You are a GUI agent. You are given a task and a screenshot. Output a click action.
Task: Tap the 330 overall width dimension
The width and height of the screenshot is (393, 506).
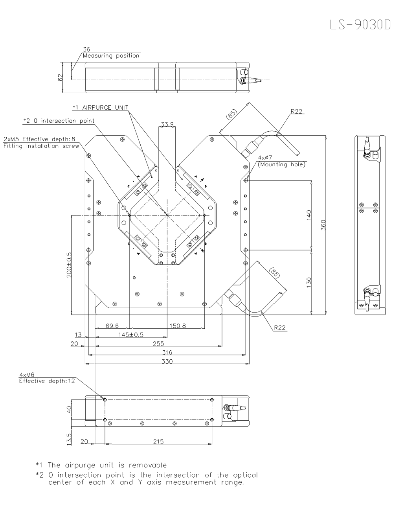[x=167, y=361]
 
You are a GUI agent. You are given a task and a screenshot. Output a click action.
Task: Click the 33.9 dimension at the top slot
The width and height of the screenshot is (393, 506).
[x=167, y=124]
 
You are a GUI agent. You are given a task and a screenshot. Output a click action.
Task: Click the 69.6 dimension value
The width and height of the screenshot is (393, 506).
[x=112, y=326]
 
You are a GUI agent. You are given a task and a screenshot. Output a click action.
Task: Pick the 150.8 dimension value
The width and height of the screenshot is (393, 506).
[x=178, y=326]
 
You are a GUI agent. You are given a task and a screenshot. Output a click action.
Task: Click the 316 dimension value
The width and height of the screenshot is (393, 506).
[x=167, y=352]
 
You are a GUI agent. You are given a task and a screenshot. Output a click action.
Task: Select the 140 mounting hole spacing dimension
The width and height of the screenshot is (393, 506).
[x=309, y=215]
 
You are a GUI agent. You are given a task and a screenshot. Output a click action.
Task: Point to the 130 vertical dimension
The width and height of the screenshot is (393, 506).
[x=309, y=282]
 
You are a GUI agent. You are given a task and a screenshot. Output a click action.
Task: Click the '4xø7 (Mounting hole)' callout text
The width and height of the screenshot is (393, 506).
[x=281, y=161]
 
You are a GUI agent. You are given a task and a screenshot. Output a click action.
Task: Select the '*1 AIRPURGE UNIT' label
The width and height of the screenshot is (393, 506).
[x=101, y=107]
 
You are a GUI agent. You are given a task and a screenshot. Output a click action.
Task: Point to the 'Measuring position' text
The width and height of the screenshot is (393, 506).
[x=111, y=56]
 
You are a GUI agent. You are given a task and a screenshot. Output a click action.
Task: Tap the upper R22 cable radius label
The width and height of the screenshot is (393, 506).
[x=297, y=112]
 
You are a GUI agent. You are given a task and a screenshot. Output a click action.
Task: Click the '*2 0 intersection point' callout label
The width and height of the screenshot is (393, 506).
[x=59, y=121]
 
